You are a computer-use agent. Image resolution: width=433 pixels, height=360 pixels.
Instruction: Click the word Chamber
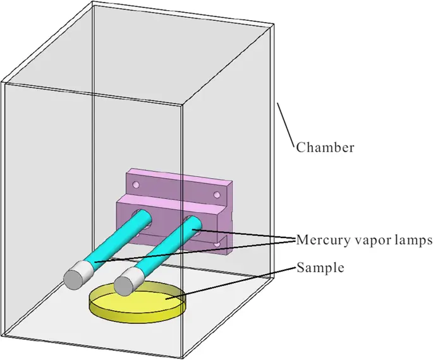tap(326, 148)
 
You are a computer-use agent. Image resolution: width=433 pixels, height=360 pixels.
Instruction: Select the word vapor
tap(375, 240)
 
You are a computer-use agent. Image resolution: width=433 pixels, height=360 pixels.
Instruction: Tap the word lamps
tap(413, 240)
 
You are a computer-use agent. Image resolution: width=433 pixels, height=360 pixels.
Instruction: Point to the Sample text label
tap(320, 268)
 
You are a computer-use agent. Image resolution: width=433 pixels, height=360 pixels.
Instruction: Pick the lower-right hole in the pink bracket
tap(219, 242)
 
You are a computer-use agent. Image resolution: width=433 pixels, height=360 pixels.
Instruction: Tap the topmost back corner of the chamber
tap(93, 3)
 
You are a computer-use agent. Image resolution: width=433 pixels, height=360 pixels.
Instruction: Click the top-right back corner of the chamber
tap(272, 25)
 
